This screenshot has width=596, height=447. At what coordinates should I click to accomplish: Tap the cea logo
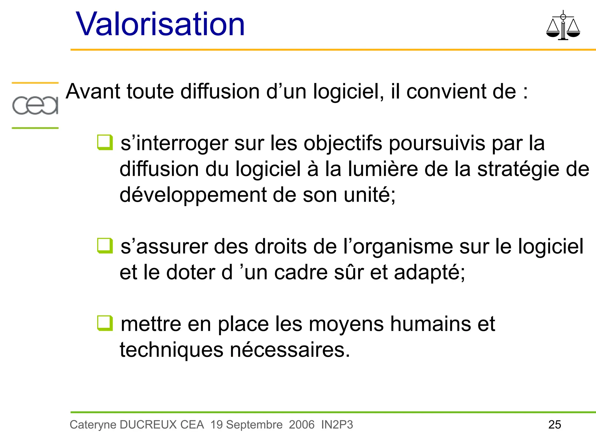click(x=35, y=105)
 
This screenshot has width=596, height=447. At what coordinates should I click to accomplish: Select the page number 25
click(x=555, y=425)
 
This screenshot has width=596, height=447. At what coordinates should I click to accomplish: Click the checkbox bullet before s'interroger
click(x=105, y=143)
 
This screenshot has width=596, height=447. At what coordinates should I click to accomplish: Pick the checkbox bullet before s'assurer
click(x=105, y=246)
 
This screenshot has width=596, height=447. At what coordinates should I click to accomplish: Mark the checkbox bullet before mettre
click(x=105, y=323)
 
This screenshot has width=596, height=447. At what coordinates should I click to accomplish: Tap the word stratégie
click(x=518, y=169)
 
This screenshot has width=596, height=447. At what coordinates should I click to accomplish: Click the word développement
click(x=193, y=195)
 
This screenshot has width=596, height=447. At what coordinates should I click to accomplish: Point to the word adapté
click(x=429, y=273)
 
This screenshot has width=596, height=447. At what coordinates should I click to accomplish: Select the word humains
click(x=430, y=324)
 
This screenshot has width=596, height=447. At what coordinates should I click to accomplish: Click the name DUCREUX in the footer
click(x=148, y=425)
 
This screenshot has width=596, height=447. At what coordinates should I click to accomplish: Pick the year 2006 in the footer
click(x=301, y=425)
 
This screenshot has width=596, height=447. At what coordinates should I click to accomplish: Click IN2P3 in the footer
click(x=337, y=425)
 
